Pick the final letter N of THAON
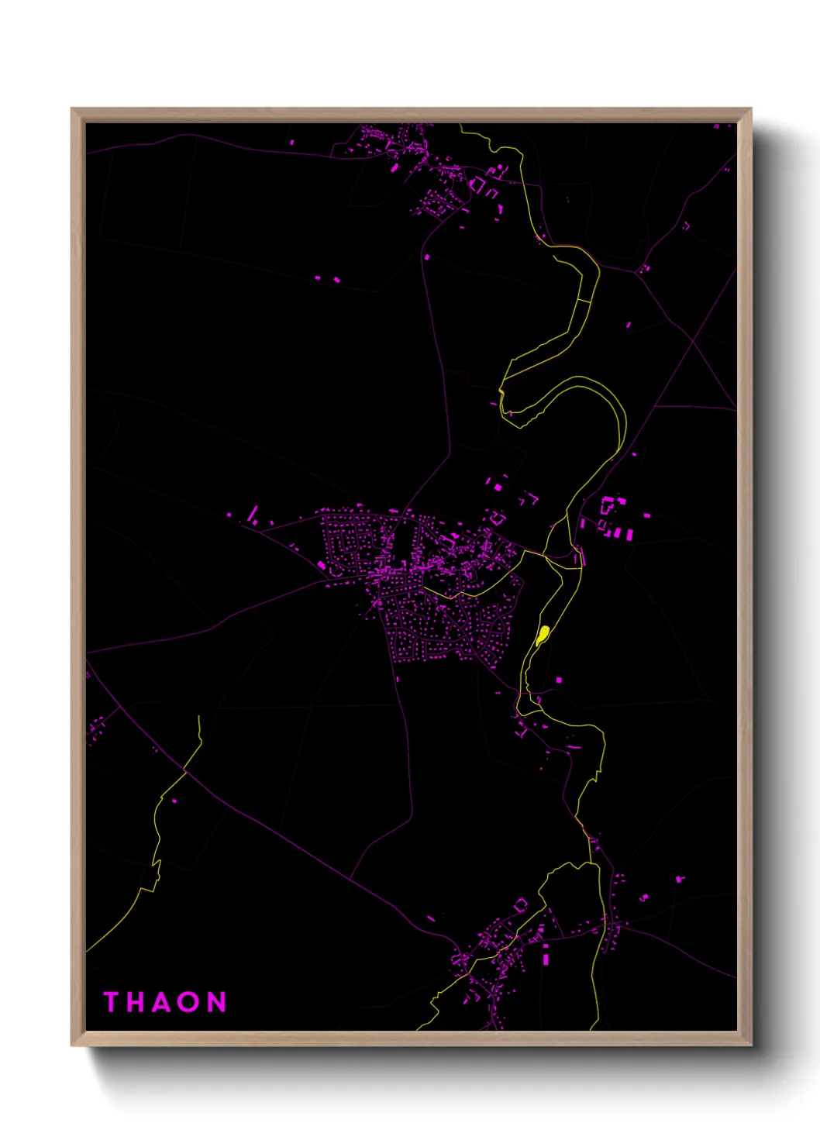pos(216,1002)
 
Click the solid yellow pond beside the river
pos(543,635)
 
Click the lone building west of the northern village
pos(292,143)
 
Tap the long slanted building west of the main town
pos(253,514)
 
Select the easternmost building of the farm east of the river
pos(646,515)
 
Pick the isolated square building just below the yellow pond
pos(559,680)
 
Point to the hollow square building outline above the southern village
pos(521,904)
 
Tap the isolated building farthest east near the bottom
pos(680,879)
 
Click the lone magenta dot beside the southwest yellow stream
pos(174,801)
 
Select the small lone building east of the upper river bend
pos(629,325)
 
